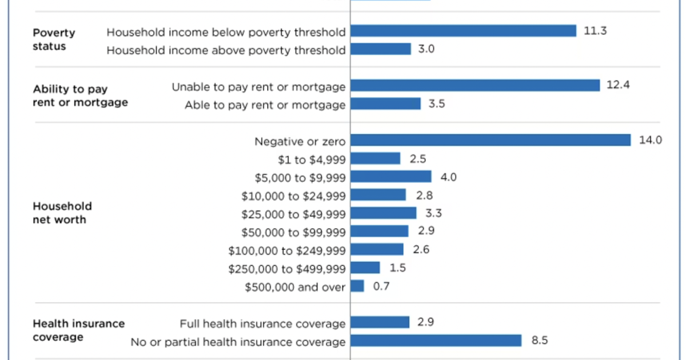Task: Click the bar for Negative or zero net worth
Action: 490,140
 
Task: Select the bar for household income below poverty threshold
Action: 464,31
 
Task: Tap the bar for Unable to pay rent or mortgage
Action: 475,86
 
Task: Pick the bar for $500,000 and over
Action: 357,286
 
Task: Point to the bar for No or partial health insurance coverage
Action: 436,341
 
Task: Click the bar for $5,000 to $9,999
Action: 391,177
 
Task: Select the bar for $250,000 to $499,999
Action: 365,267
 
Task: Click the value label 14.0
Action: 650,140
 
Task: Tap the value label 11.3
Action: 595,31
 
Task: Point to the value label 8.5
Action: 540,341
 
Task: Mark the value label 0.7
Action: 381,286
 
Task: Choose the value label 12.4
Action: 618,86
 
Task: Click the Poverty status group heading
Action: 54,39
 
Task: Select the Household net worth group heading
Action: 62,213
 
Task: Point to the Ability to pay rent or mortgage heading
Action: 80,95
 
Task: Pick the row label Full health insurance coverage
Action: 262,323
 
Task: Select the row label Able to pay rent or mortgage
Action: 265,105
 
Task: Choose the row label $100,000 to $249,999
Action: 287,250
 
